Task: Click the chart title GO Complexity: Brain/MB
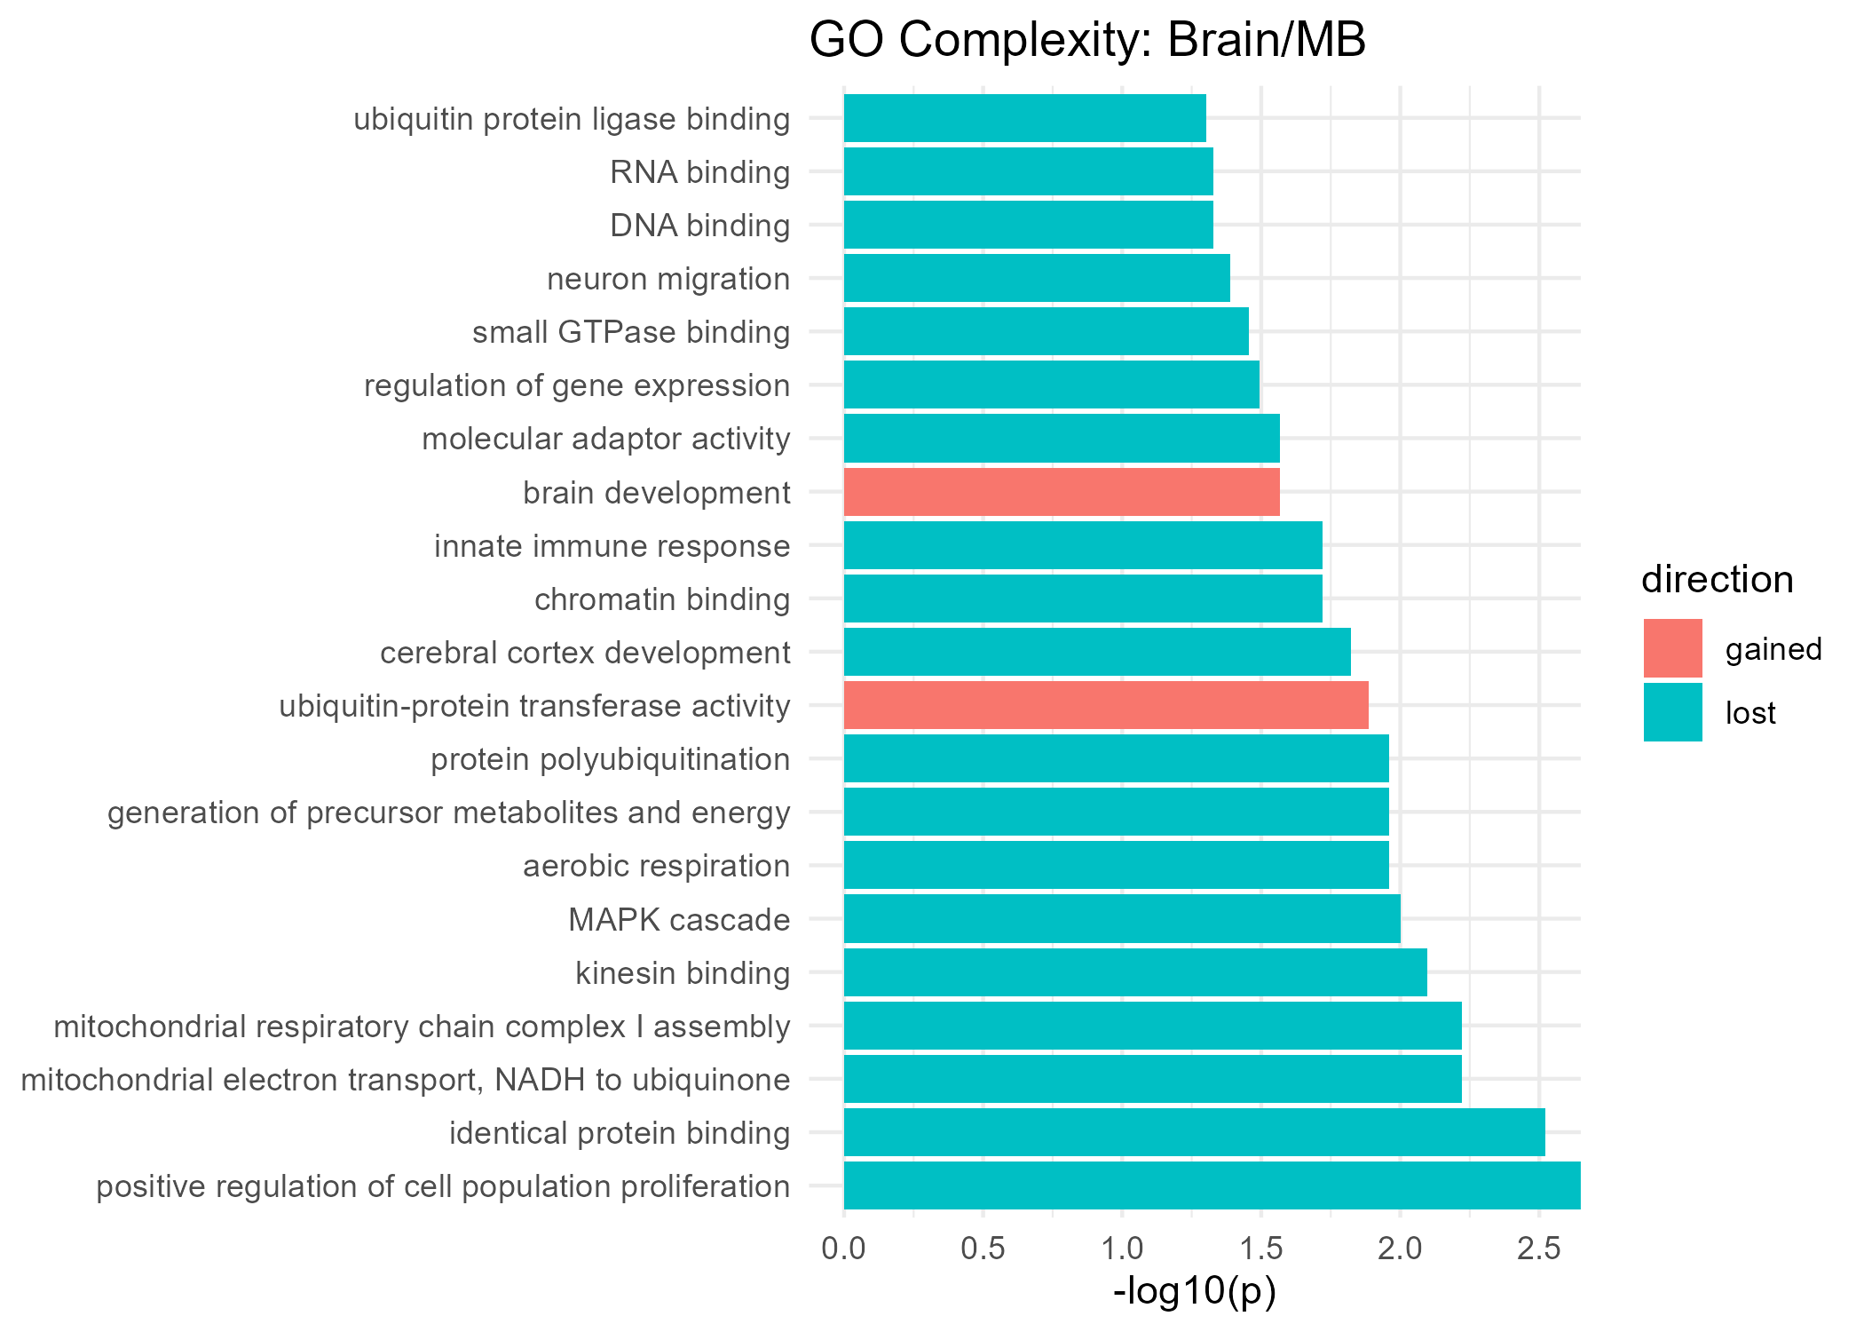click(1086, 41)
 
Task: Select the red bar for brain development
click(1061, 492)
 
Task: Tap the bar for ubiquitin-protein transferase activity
click(1105, 705)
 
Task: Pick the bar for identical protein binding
click(1194, 1132)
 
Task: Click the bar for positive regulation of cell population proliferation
click(1212, 1185)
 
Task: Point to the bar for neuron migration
click(1036, 278)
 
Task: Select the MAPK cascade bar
click(1121, 918)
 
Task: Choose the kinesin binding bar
click(1134, 972)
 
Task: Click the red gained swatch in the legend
click(1672, 648)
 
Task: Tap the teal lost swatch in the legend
click(1672, 712)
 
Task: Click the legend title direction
click(1717, 580)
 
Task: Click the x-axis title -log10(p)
click(1194, 1292)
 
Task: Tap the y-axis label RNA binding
click(699, 172)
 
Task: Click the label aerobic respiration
click(656, 866)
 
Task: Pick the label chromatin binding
click(661, 599)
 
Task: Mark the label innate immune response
click(612, 546)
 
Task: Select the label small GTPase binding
click(630, 332)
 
